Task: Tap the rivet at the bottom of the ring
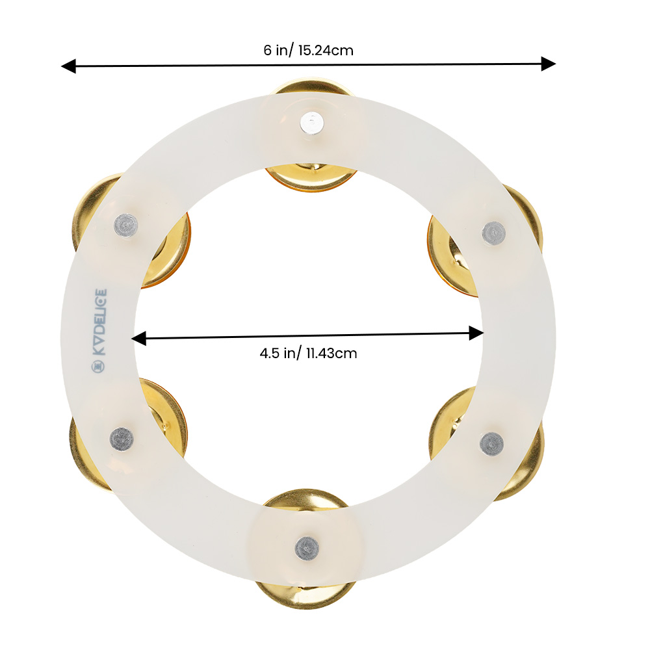[307, 548]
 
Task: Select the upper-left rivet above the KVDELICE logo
[125, 226]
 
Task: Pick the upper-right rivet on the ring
[494, 233]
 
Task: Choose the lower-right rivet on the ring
[492, 444]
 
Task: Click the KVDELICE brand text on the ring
[99, 322]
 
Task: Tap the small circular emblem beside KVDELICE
[99, 365]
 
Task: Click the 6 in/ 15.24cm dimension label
[308, 50]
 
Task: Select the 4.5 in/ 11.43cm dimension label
[308, 353]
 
